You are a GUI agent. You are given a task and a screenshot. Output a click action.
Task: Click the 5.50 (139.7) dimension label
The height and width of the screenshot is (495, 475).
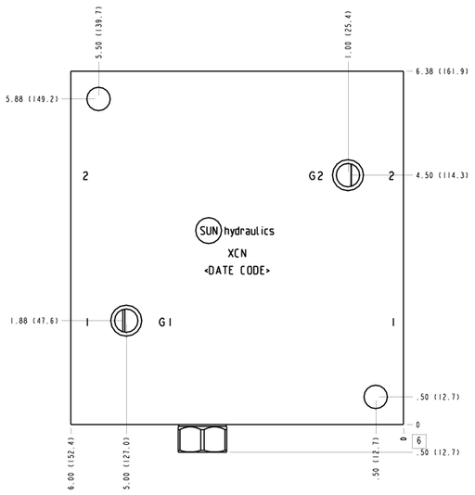coord(98,32)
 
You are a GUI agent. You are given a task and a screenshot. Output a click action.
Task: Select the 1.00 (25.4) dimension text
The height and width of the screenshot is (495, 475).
coord(348,34)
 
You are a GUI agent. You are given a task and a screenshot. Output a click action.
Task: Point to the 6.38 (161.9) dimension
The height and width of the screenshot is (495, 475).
coord(442,71)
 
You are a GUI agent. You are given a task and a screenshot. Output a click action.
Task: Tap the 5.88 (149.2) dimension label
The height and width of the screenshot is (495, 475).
coord(32,99)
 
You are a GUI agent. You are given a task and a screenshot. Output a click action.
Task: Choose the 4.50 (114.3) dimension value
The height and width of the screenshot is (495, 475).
coord(442,175)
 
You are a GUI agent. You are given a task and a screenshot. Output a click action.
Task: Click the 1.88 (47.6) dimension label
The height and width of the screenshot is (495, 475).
coord(34,321)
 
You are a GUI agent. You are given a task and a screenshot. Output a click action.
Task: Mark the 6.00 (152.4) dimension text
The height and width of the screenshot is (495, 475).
coord(71,463)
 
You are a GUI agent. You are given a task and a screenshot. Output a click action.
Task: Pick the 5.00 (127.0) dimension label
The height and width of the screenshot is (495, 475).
coord(126,463)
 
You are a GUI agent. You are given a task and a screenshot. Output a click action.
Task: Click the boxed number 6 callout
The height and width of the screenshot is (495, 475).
coord(418,440)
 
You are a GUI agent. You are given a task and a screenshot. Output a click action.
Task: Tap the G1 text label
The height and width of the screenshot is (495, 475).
coord(165,323)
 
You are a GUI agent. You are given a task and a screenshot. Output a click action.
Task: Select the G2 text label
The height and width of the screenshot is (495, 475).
coord(315,176)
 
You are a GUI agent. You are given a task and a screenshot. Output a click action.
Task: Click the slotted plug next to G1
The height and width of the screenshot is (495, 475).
coord(126,321)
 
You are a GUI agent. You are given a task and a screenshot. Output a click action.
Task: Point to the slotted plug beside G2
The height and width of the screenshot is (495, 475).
coord(348,175)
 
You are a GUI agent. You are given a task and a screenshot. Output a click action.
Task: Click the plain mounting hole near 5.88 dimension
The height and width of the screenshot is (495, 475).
coord(98,99)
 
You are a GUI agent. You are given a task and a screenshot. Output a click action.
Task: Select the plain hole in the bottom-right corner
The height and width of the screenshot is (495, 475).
coord(376,397)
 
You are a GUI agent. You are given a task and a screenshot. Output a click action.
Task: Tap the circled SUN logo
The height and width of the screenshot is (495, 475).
coord(208,231)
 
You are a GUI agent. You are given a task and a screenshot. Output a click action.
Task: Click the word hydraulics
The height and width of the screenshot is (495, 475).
coord(249,231)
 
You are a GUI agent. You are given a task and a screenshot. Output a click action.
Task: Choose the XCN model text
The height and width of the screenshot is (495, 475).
coord(237,253)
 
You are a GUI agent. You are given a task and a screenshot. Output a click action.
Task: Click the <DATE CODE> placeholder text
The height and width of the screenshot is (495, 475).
coord(237,271)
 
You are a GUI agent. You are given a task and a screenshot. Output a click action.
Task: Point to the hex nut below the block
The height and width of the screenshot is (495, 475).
coord(202,438)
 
